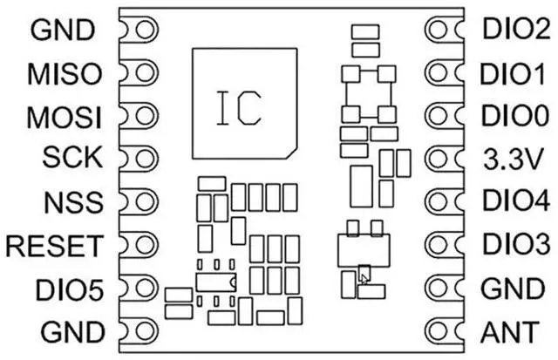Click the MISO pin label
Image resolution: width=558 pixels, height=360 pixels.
pyautogui.click(x=65, y=74)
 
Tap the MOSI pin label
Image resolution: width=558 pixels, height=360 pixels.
pyautogui.click(x=64, y=117)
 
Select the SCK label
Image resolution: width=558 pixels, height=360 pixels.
pyautogui.click(x=72, y=157)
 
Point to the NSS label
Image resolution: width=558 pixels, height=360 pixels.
pyautogui.click(x=73, y=201)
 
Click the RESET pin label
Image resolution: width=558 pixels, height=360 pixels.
pyautogui.click(x=54, y=246)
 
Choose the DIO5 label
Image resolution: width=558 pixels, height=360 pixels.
pyautogui.click(x=70, y=289)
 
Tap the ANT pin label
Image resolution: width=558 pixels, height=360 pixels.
pyautogui.click(x=509, y=332)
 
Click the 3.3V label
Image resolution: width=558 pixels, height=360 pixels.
pyautogui.click(x=514, y=160)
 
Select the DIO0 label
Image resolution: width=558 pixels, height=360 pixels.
pyautogui.click(x=515, y=116)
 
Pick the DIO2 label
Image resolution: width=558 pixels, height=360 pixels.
pyautogui.click(x=516, y=29)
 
